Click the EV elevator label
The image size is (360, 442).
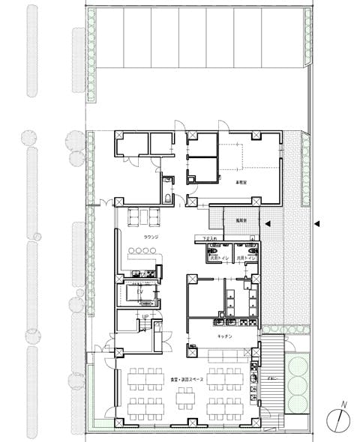tap(139, 291)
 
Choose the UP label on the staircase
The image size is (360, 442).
tap(145, 317)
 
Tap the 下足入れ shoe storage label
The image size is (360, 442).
tap(211, 239)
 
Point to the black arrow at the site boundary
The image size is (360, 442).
tap(317, 223)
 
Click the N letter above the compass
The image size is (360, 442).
tap(344, 406)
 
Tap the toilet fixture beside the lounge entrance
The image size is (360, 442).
tap(166, 184)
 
